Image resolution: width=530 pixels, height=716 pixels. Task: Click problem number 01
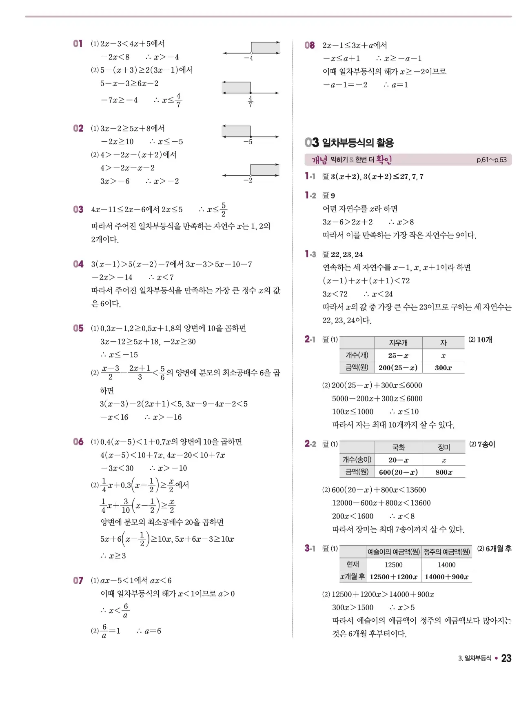78,44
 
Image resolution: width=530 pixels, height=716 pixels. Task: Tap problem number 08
310,45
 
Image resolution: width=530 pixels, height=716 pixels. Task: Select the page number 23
506,658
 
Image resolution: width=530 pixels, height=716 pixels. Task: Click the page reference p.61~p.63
491,160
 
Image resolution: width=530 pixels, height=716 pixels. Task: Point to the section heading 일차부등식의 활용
358,142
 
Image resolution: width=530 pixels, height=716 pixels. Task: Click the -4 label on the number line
248,58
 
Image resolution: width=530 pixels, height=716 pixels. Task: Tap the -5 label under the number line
248,142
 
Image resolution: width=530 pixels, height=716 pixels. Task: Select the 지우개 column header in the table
398,343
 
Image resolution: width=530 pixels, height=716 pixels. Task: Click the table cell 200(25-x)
398,367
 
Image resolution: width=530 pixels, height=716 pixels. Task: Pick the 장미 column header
444,447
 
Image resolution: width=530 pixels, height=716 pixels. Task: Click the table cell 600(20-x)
398,472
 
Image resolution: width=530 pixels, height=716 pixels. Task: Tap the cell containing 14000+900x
446,577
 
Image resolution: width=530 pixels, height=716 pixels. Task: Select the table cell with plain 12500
393,565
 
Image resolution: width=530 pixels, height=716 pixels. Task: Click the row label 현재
353,564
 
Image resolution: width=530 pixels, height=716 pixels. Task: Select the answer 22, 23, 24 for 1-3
347,254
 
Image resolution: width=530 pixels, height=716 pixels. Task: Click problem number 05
78,328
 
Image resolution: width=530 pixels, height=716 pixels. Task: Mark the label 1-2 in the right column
310,196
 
